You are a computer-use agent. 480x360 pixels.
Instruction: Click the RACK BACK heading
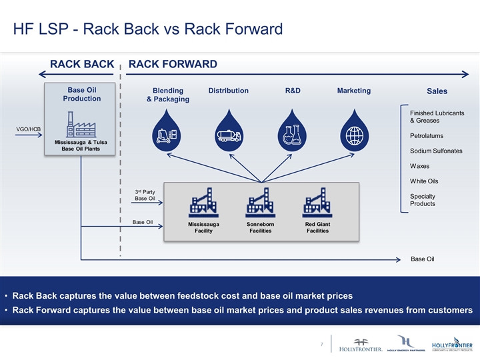[82, 64]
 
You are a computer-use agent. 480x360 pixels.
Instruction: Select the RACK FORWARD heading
[173, 64]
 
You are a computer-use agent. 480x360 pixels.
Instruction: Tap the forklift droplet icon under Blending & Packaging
[166, 133]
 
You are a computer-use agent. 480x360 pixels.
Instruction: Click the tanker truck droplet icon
[229, 133]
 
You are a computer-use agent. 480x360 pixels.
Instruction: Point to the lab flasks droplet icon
[292, 133]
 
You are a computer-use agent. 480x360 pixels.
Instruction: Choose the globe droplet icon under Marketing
[354, 133]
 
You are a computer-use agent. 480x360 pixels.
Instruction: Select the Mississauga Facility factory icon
[203, 203]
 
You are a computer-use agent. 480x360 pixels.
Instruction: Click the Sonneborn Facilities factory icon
[260, 203]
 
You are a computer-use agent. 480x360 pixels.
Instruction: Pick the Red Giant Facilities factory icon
[317, 203]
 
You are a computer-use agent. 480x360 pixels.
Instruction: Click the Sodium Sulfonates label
[436, 151]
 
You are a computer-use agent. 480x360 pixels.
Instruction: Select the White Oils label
[423, 181]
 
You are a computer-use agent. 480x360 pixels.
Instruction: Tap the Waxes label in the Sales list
[419, 166]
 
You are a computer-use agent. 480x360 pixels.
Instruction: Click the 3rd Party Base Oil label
[145, 195]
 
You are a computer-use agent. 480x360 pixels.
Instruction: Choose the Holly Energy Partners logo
[405, 343]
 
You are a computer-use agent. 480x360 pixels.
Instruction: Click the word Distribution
[229, 91]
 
